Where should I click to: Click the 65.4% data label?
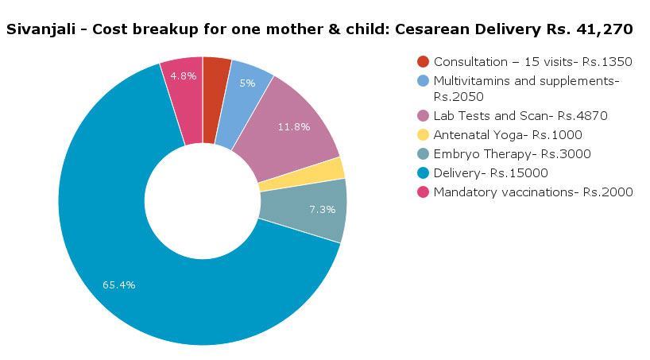coord(119,285)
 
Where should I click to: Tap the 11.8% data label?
coord(294,126)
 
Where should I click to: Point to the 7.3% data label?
coord(322,210)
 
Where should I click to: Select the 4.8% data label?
coord(184,76)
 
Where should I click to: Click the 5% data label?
coord(247,83)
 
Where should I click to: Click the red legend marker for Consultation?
coord(423,62)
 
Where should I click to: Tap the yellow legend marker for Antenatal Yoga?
coord(423,135)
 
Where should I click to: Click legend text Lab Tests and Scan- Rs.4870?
coord(520,116)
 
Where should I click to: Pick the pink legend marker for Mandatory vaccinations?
coord(423,191)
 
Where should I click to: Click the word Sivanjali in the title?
coord(41,30)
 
